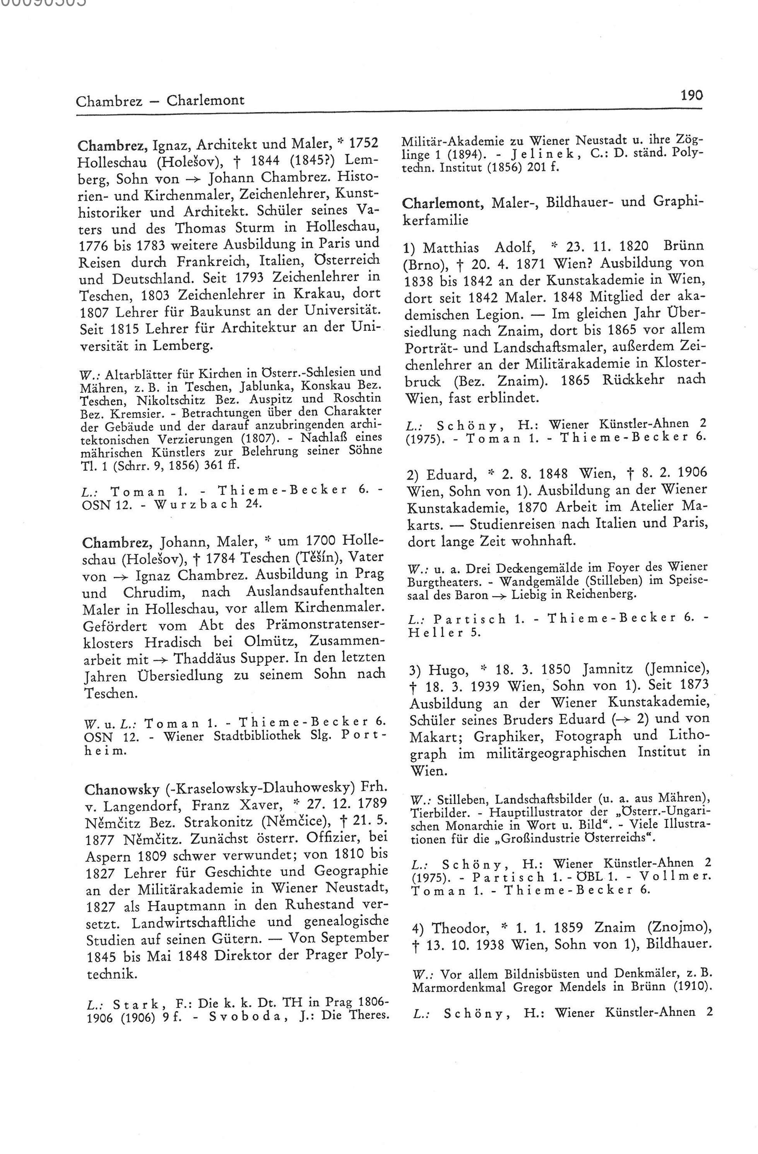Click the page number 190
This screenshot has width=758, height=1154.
pos(691,96)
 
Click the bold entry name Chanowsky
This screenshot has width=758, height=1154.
pos(121,789)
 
